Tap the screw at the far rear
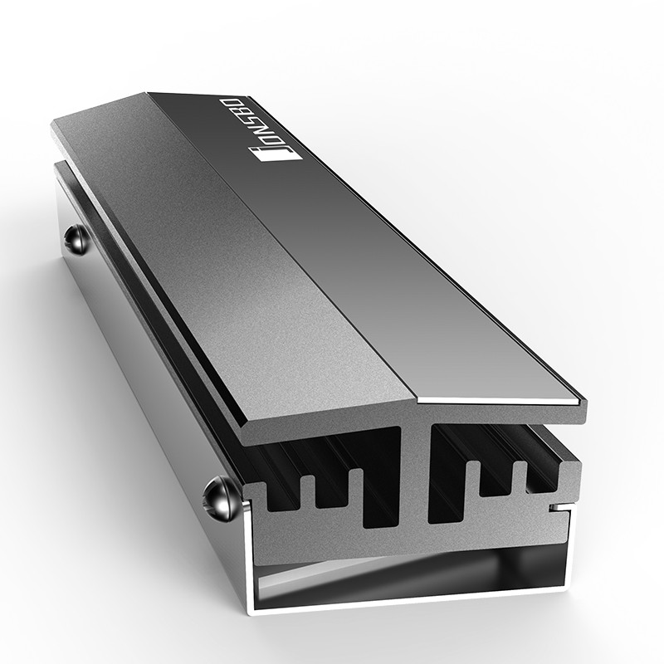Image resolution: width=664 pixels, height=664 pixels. [77, 239]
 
